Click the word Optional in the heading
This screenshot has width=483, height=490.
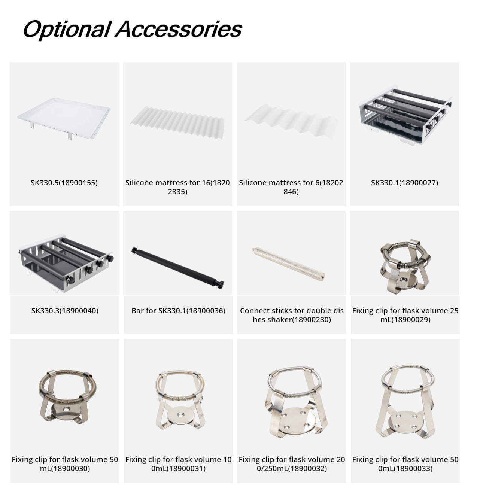[67, 30]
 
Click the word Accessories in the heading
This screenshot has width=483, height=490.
[179, 29]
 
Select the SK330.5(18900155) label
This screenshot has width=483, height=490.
[64, 183]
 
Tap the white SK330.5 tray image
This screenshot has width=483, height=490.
[64, 118]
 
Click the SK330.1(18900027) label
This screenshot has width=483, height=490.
[404, 183]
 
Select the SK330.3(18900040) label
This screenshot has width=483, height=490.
[65, 310]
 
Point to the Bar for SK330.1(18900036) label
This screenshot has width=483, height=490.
[178, 310]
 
